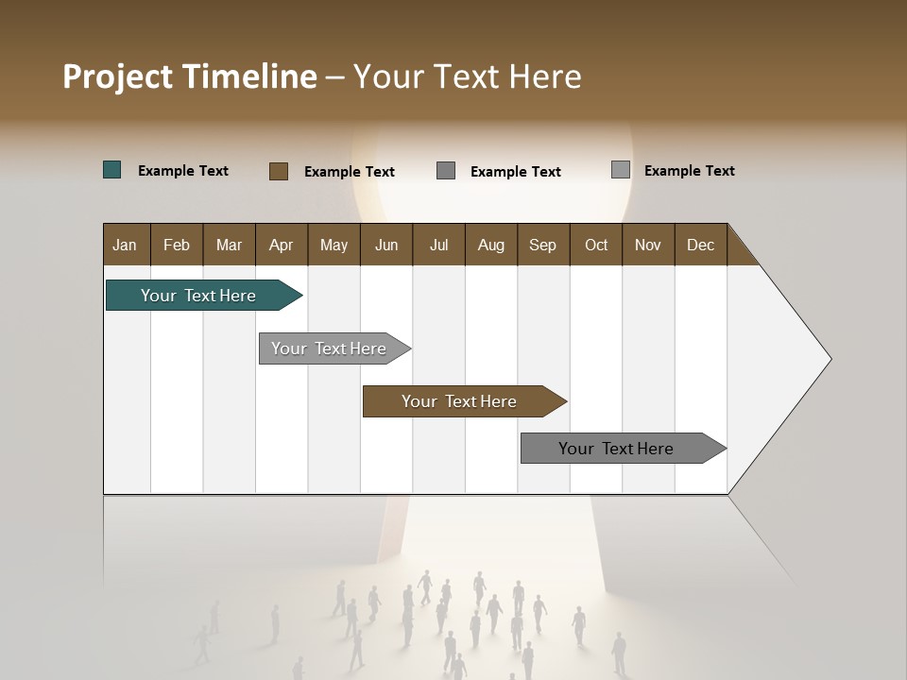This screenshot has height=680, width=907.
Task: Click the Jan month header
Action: point(126,245)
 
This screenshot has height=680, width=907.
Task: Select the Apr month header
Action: point(282,245)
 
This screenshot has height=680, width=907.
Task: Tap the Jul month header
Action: point(439,245)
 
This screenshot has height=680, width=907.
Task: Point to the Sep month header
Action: point(543,245)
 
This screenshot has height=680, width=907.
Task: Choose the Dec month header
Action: point(701,245)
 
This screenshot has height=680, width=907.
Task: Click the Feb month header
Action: point(177,245)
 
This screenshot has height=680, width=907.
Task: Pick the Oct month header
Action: point(596,245)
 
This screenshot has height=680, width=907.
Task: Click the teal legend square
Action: point(112,170)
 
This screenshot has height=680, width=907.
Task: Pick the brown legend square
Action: point(279,171)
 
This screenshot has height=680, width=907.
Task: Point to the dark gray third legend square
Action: point(446,171)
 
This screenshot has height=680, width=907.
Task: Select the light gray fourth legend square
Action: point(621,170)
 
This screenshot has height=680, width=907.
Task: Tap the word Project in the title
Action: point(117,76)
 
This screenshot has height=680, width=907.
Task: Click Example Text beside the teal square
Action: point(183,171)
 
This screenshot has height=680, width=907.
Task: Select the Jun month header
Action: point(386,245)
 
